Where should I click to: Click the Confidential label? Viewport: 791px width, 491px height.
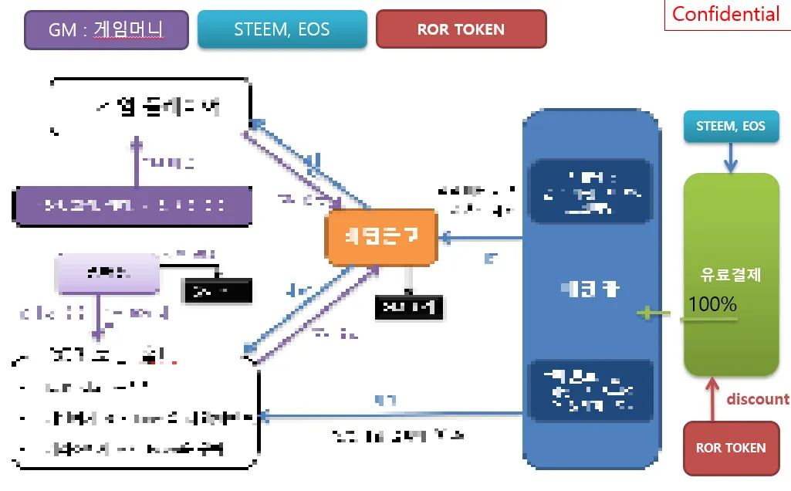click(725, 14)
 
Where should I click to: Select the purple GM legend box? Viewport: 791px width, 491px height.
click(106, 30)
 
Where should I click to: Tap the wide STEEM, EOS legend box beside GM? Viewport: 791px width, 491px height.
click(282, 30)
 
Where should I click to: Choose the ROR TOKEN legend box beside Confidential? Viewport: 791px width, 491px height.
click(461, 30)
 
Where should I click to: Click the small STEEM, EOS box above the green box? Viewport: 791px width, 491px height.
click(730, 127)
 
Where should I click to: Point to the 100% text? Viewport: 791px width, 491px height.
click(712, 304)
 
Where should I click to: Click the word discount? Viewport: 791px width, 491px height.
click(758, 399)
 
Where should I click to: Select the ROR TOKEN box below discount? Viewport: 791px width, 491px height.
click(730, 448)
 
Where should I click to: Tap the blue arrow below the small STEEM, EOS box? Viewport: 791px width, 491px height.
click(730, 158)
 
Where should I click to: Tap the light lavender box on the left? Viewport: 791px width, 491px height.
click(106, 272)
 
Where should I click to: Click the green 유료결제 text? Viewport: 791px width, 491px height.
click(730, 276)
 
